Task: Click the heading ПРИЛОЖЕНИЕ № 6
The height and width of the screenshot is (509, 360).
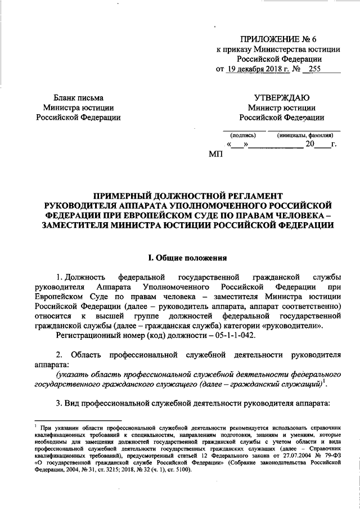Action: (279, 39)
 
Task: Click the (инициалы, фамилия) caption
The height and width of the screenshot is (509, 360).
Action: (304, 135)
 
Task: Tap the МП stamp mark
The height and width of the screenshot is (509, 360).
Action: (216, 154)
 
